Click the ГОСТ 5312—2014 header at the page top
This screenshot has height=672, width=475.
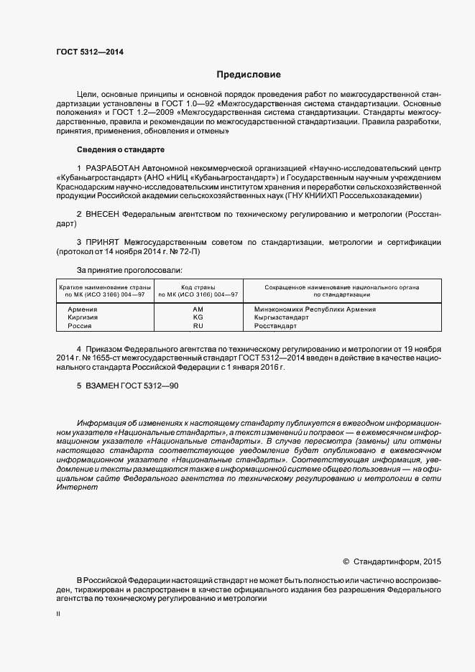(x=89, y=52)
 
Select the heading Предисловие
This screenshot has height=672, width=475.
(x=249, y=75)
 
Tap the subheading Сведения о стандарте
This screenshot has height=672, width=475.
(x=121, y=149)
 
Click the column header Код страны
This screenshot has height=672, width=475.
(x=198, y=286)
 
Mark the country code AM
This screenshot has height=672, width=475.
(x=198, y=309)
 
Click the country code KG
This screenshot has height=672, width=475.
(x=198, y=317)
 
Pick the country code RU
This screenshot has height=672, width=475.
(x=198, y=326)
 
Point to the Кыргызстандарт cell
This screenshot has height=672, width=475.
(x=281, y=317)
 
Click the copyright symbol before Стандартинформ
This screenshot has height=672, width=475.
(x=346, y=562)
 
